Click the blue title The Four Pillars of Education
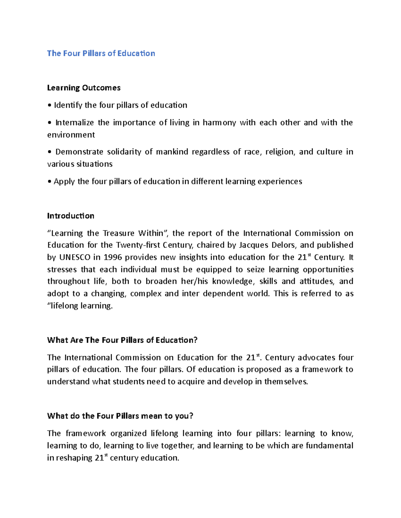(x=101, y=53)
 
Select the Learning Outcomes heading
(x=84, y=88)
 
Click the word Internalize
(x=75, y=122)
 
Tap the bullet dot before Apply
(x=49, y=181)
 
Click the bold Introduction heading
(x=71, y=216)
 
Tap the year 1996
(x=113, y=257)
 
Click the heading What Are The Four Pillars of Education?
(x=122, y=340)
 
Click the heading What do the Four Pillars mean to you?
(x=120, y=416)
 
